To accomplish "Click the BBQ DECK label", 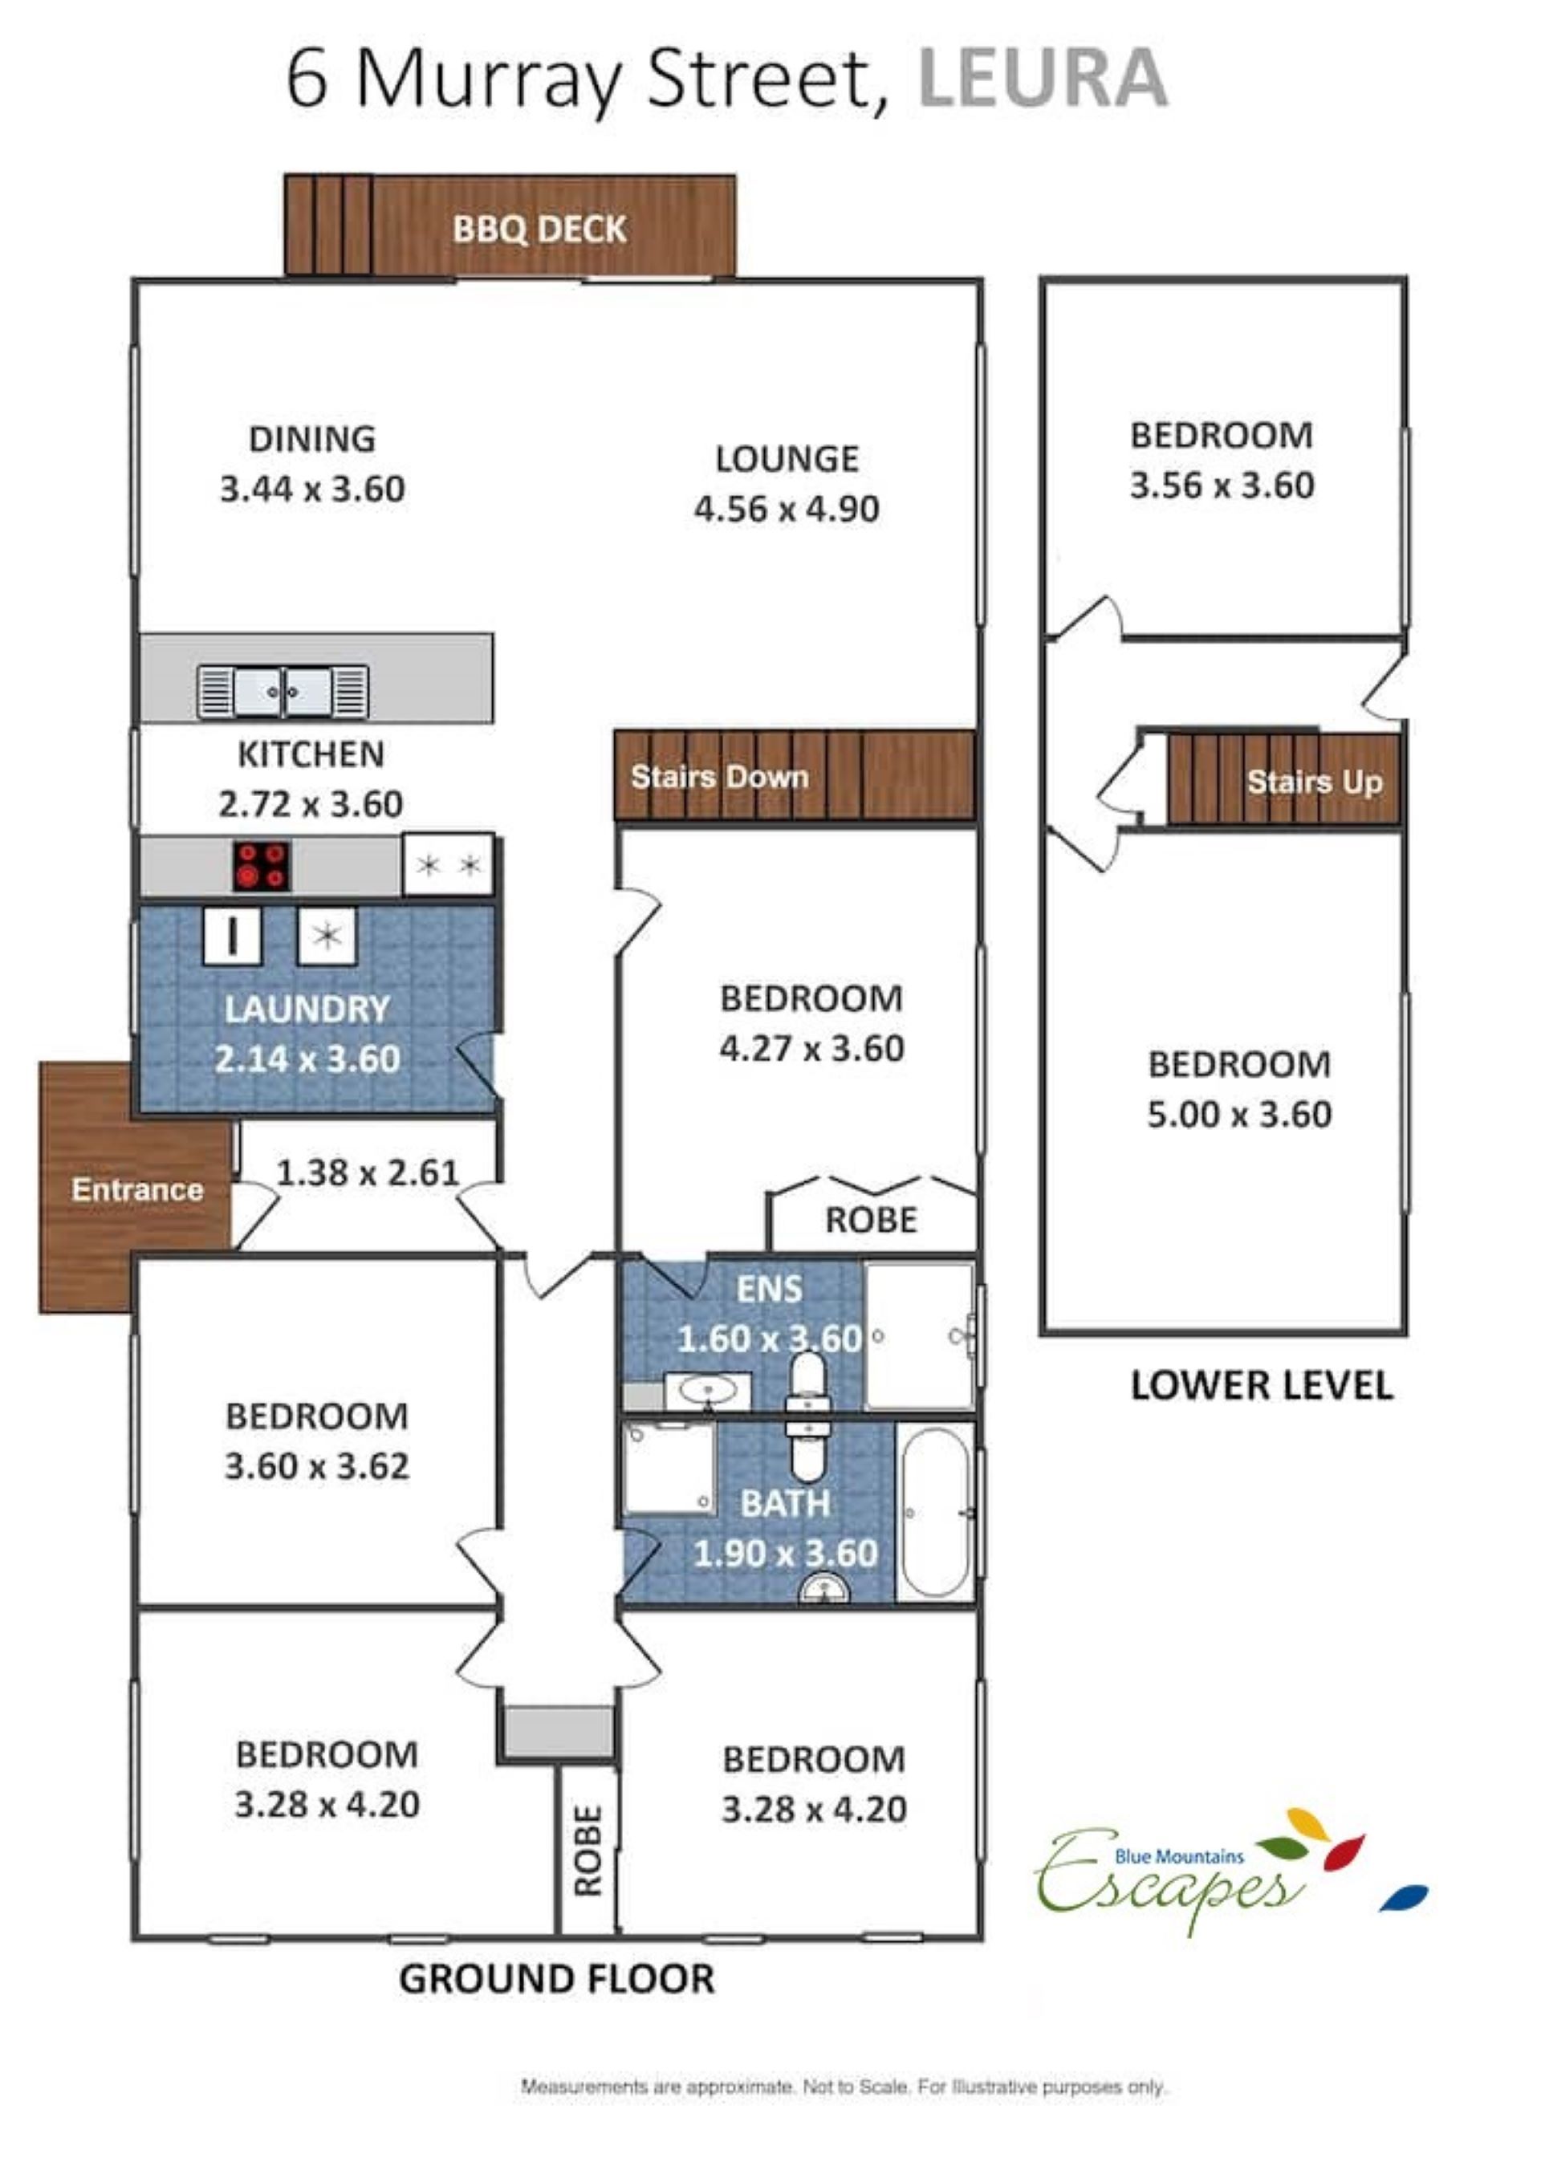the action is (539, 229).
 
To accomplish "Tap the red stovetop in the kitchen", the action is (262, 865).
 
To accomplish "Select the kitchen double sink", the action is (283, 692).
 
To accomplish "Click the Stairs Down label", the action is (719, 776).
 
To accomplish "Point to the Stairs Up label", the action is (1314, 782).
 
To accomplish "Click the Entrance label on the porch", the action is (137, 1189).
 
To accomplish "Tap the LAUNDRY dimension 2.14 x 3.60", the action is (307, 1059).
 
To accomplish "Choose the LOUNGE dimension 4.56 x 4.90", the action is (787, 510).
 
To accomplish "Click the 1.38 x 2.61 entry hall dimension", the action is (368, 1172).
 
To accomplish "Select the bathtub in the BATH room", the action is (935, 1514).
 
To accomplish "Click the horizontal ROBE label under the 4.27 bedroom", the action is (871, 1220).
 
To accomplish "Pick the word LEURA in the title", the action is (1043, 78).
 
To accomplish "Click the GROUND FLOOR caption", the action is (556, 1979).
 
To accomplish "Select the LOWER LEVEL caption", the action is (1261, 1385).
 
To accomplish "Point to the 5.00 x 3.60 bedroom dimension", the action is (1239, 1114).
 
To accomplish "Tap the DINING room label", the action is (312, 438).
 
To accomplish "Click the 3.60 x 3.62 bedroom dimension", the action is (317, 1466).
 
